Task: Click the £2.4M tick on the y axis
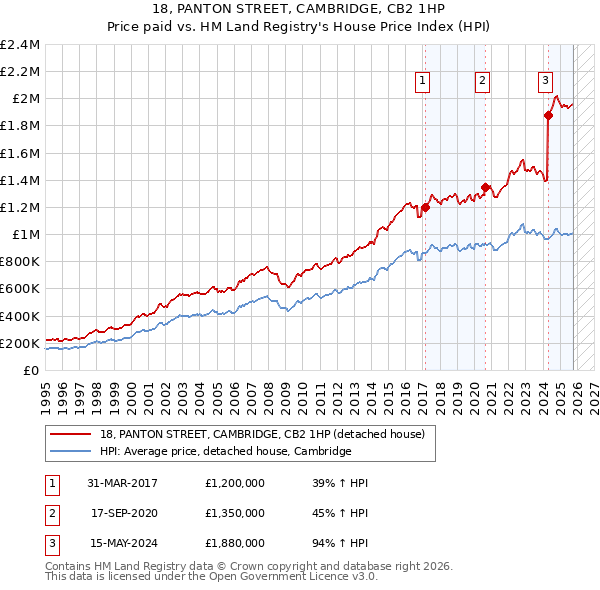21,45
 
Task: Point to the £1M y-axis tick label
25,234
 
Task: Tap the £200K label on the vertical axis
20,343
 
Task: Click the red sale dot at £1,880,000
548,115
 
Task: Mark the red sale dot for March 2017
425,208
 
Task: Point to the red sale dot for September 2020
485,187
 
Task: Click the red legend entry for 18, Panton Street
262,434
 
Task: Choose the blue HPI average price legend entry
225,451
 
